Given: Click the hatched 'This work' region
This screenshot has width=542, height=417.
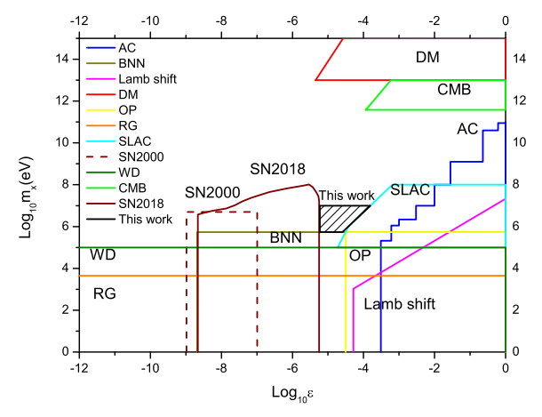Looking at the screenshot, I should pos(341,219).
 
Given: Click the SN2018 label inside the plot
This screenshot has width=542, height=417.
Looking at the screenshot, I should pos(277,169).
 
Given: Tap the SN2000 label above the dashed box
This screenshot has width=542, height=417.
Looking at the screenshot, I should pos(213,193).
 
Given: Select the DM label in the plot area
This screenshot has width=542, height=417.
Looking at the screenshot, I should pos(434,58).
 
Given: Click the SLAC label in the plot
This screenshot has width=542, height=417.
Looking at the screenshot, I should pos(410,189).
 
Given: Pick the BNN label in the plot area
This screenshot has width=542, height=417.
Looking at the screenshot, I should pos(285,239).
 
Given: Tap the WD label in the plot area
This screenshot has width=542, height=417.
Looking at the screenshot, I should pos(104,255).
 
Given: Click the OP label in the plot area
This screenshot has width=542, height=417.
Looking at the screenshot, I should pos(360,255).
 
